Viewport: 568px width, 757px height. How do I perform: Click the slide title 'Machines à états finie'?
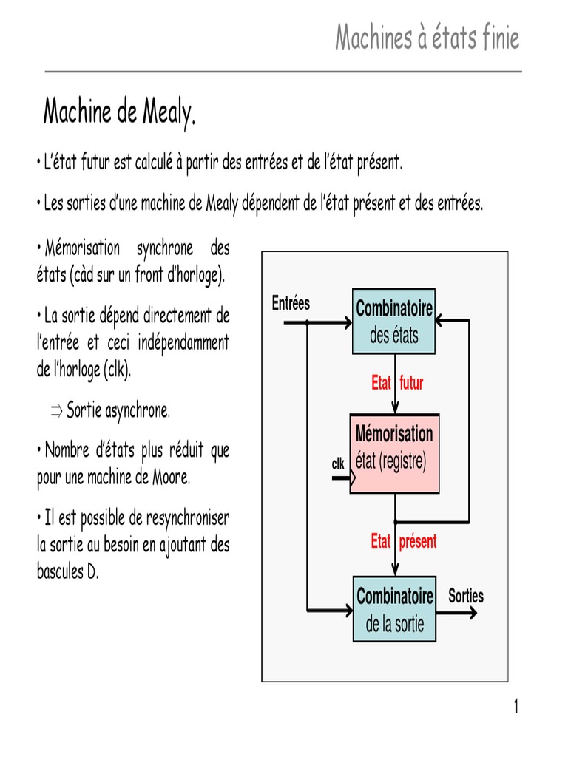[x=427, y=38]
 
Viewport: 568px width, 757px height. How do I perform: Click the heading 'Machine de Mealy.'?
[x=119, y=113]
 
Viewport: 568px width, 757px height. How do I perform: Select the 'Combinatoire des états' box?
[x=394, y=322]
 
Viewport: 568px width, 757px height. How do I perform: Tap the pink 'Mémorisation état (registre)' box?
[x=394, y=453]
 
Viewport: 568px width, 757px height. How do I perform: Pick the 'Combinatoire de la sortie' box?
[x=394, y=608]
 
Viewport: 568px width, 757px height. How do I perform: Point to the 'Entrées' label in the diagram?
[x=291, y=303]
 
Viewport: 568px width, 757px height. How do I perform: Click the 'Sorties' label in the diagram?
[x=466, y=596]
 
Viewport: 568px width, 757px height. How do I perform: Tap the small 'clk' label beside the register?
[x=338, y=464]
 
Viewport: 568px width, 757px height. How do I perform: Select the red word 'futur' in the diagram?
[x=411, y=383]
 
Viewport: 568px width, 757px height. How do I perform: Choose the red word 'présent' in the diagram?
[x=418, y=541]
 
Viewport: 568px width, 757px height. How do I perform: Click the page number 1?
[x=515, y=707]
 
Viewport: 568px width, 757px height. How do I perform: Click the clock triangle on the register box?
[x=353, y=478]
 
